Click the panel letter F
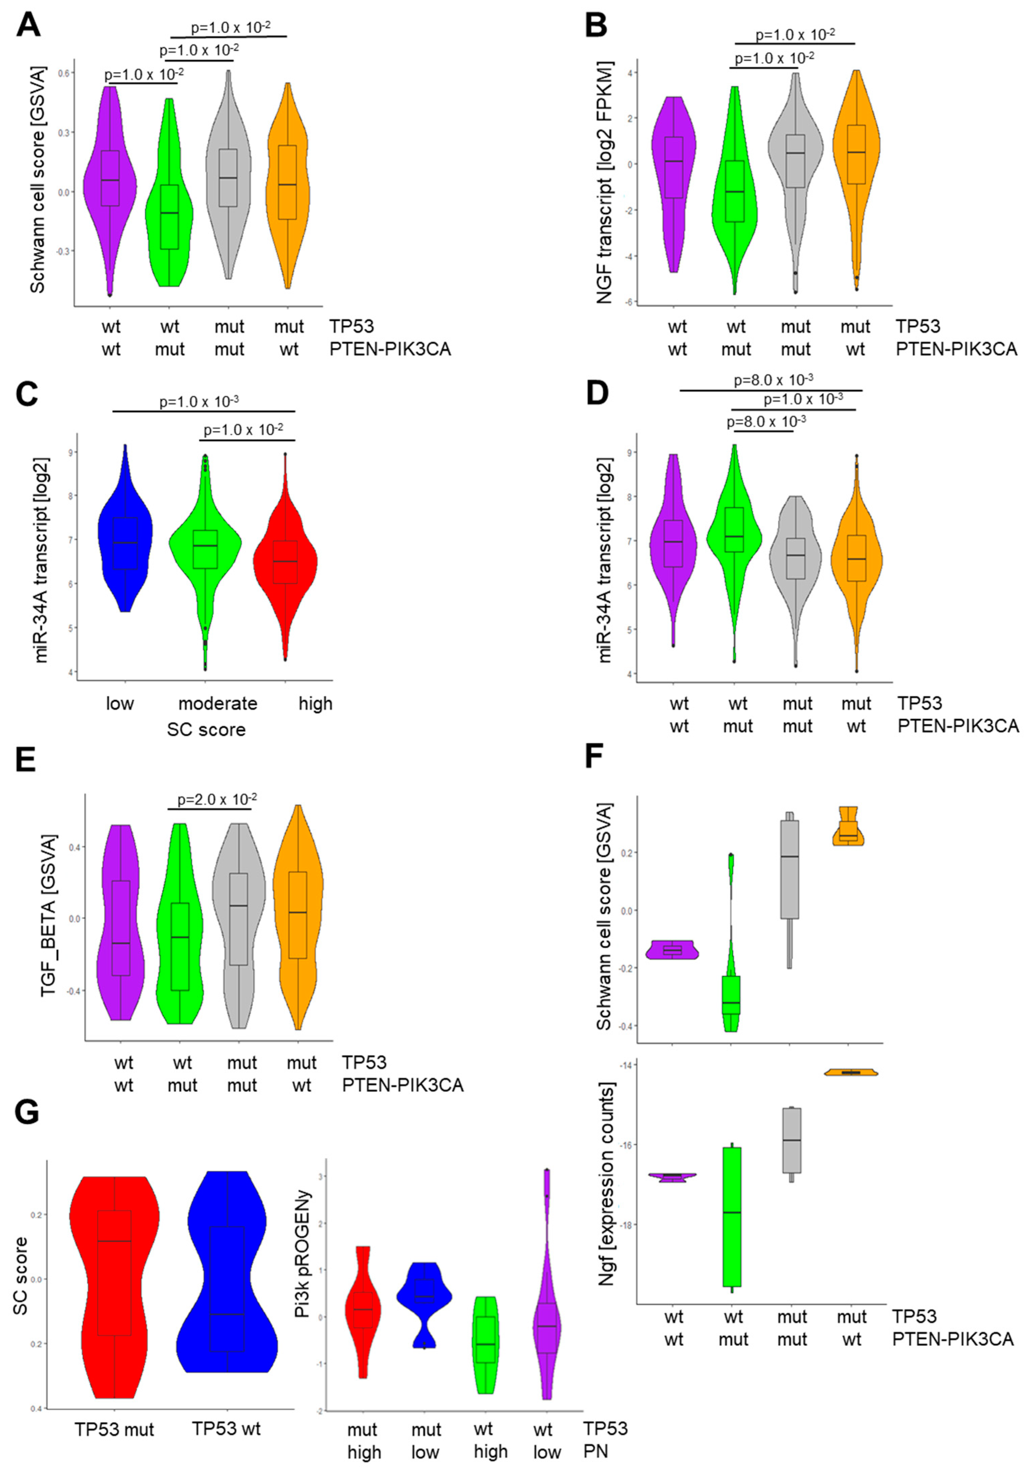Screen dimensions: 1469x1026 (599, 761)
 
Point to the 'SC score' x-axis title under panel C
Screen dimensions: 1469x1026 (206, 729)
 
